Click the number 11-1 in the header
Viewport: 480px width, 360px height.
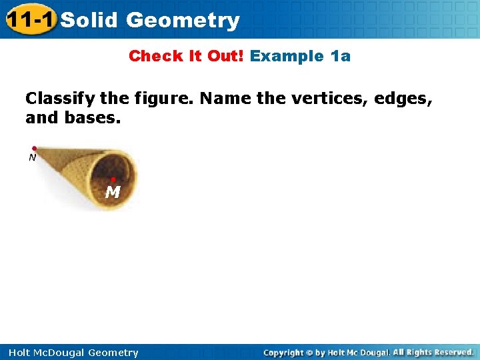[31, 20]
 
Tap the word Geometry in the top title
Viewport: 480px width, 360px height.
[183, 21]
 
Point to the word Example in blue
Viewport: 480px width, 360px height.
[287, 56]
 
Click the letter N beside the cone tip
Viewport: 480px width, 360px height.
[32, 158]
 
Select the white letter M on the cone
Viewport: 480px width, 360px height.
[113, 193]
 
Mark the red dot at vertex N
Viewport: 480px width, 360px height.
[34, 149]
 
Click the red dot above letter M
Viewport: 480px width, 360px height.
[113, 179]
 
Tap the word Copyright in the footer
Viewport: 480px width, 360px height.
[283, 353]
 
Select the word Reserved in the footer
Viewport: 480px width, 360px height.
[451, 352]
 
